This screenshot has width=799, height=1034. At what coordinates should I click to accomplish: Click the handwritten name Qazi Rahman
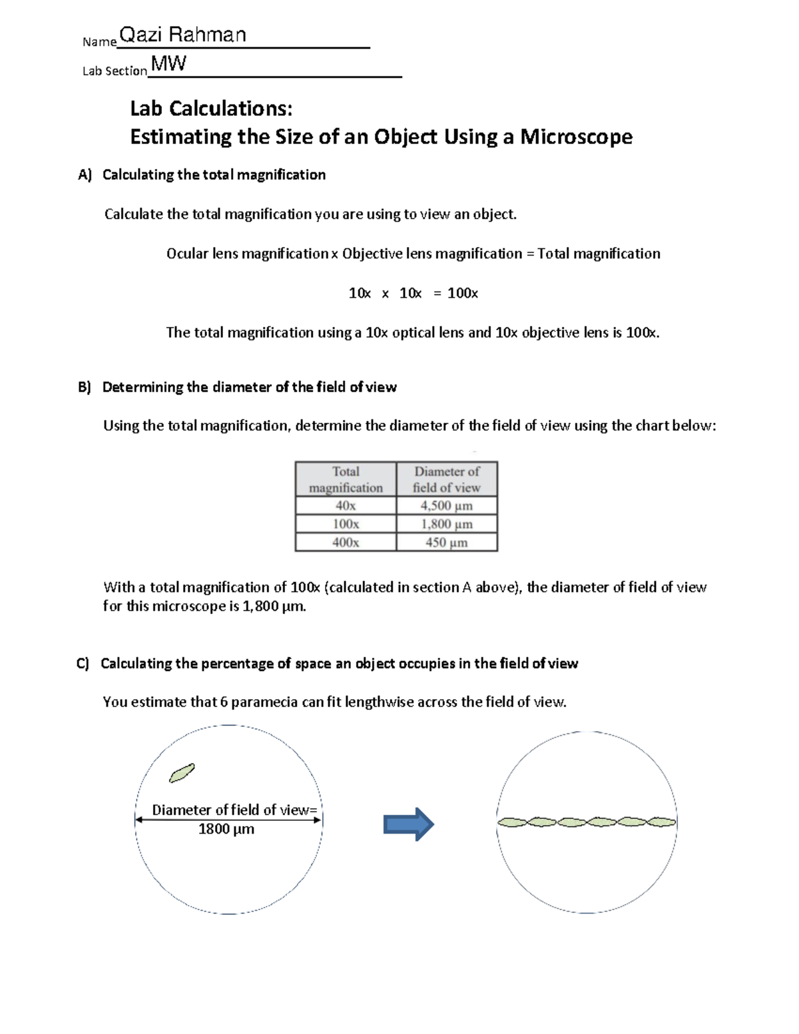[x=182, y=35]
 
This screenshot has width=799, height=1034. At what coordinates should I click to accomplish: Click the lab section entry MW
[x=168, y=65]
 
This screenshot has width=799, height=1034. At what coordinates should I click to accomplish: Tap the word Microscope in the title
[x=576, y=136]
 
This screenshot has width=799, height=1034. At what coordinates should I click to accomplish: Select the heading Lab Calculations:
[x=211, y=108]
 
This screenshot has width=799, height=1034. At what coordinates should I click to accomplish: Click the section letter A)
[x=84, y=175]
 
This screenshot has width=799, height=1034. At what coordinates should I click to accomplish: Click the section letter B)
[x=84, y=388]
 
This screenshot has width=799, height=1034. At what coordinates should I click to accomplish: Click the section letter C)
[x=83, y=664]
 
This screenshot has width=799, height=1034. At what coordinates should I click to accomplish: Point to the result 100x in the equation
[x=463, y=293]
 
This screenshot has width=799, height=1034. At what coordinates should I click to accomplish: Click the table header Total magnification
[x=346, y=479]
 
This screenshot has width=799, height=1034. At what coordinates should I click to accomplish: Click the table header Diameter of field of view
[x=447, y=479]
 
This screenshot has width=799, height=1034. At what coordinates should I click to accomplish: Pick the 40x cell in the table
[x=346, y=506]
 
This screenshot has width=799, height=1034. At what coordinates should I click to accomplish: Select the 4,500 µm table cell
[x=447, y=506]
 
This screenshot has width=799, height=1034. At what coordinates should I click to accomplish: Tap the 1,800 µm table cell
[x=447, y=524]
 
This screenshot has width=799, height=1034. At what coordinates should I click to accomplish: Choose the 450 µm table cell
[x=447, y=543]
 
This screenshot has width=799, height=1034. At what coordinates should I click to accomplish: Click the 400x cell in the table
[x=346, y=543]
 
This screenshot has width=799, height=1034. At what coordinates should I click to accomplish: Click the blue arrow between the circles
[x=408, y=825]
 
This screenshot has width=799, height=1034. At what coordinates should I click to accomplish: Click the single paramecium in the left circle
[x=182, y=773]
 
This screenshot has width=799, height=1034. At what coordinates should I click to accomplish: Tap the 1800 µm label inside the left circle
[x=226, y=830]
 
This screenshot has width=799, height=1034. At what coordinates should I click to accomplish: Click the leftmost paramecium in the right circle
[x=513, y=823]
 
